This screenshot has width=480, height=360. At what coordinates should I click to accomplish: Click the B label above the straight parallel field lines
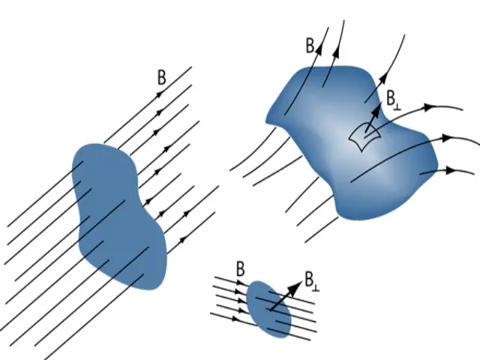pyautogui.click(x=162, y=76)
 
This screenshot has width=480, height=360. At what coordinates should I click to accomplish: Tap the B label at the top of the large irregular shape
pyautogui.click(x=310, y=45)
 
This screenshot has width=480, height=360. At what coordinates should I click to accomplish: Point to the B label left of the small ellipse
pyautogui.click(x=239, y=268)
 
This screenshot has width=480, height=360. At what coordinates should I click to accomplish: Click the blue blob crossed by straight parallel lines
pyautogui.click(x=118, y=210)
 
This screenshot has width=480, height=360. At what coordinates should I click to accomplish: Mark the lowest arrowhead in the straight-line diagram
pyautogui.click(x=181, y=241)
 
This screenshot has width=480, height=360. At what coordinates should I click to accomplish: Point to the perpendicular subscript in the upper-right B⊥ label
pyautogui.click(x=397, y=104)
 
